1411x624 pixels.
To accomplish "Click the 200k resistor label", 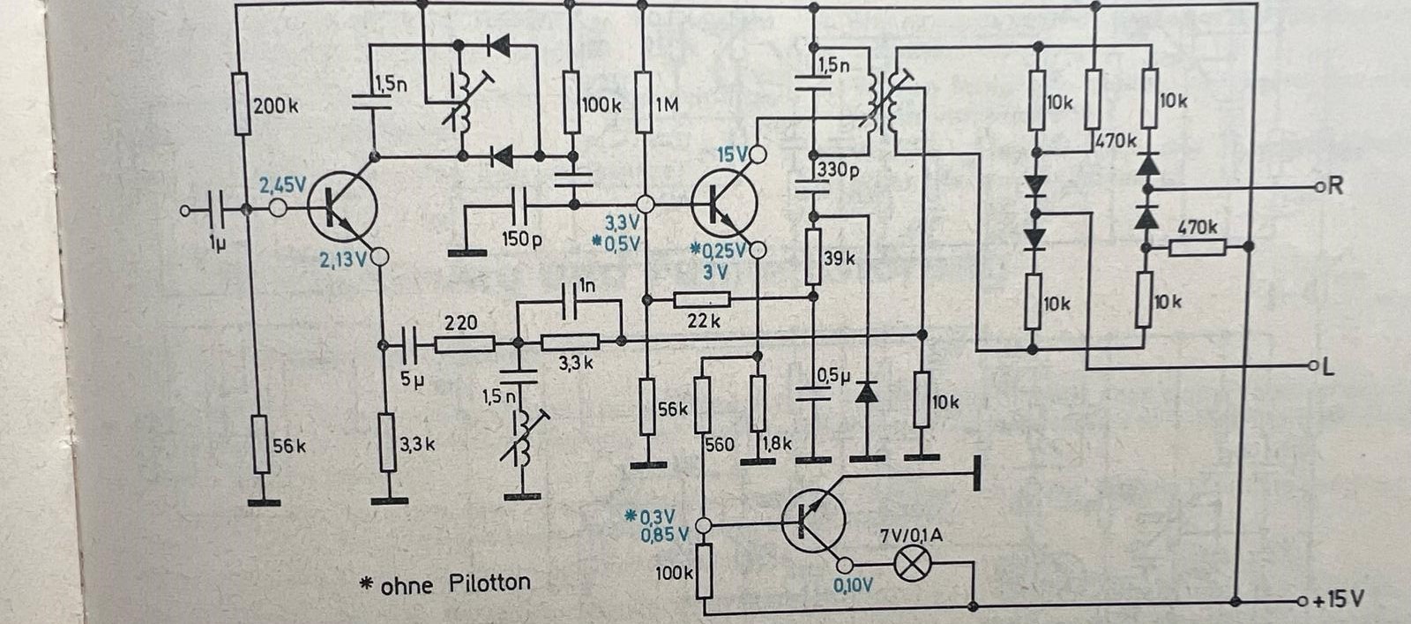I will (275, 106).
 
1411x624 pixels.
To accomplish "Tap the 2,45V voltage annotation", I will (281, 185).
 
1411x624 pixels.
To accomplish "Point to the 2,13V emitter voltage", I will (342, 259).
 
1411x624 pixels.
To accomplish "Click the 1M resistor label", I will (668, 105).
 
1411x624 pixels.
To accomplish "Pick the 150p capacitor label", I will (521, 239).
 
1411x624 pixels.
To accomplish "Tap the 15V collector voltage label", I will (731, 154).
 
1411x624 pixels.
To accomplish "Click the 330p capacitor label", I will (837, 169).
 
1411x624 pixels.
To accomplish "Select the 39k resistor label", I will (839, 259).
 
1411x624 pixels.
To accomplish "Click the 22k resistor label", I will (703, 320).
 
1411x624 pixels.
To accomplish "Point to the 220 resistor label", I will (460, 322).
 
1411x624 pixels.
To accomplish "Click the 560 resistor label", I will (719, 444).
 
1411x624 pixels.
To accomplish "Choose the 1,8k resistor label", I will (777, 444).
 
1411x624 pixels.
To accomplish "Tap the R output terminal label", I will (1334, 185).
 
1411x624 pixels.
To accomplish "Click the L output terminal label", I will (1328, 367).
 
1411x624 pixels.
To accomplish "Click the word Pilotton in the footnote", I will (489, 583).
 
